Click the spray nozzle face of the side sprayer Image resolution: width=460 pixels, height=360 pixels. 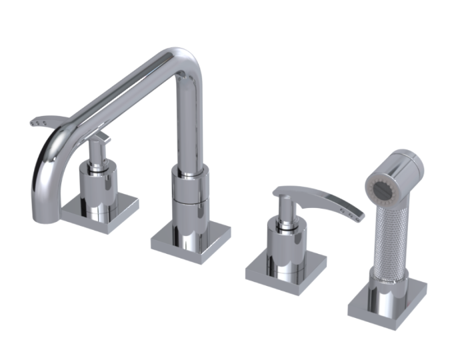click(385, 185)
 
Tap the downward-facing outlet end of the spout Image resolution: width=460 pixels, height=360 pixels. click(39, 211)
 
